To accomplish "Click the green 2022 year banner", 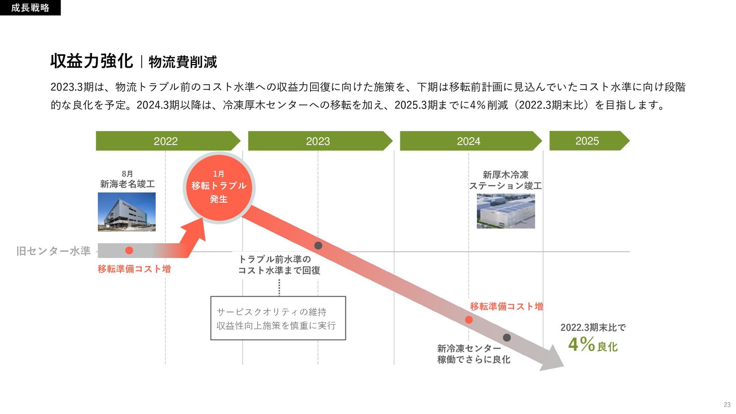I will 166,141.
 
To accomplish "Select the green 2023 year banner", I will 318,141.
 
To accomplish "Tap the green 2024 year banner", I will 468,141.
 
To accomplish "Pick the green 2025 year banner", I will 587,141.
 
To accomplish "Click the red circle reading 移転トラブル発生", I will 219,187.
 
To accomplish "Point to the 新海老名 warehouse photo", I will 127,212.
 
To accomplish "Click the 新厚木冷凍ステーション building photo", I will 506,211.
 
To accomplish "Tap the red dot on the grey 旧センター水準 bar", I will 129,250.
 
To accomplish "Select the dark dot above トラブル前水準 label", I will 318,245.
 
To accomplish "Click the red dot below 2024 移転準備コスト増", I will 469,320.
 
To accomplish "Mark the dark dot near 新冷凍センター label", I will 507,337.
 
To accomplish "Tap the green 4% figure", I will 581,344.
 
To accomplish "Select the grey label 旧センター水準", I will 53,251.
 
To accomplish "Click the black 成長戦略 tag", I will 30,8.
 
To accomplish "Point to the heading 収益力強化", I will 92,61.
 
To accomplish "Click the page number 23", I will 727,404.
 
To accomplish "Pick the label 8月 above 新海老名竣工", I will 127,174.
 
